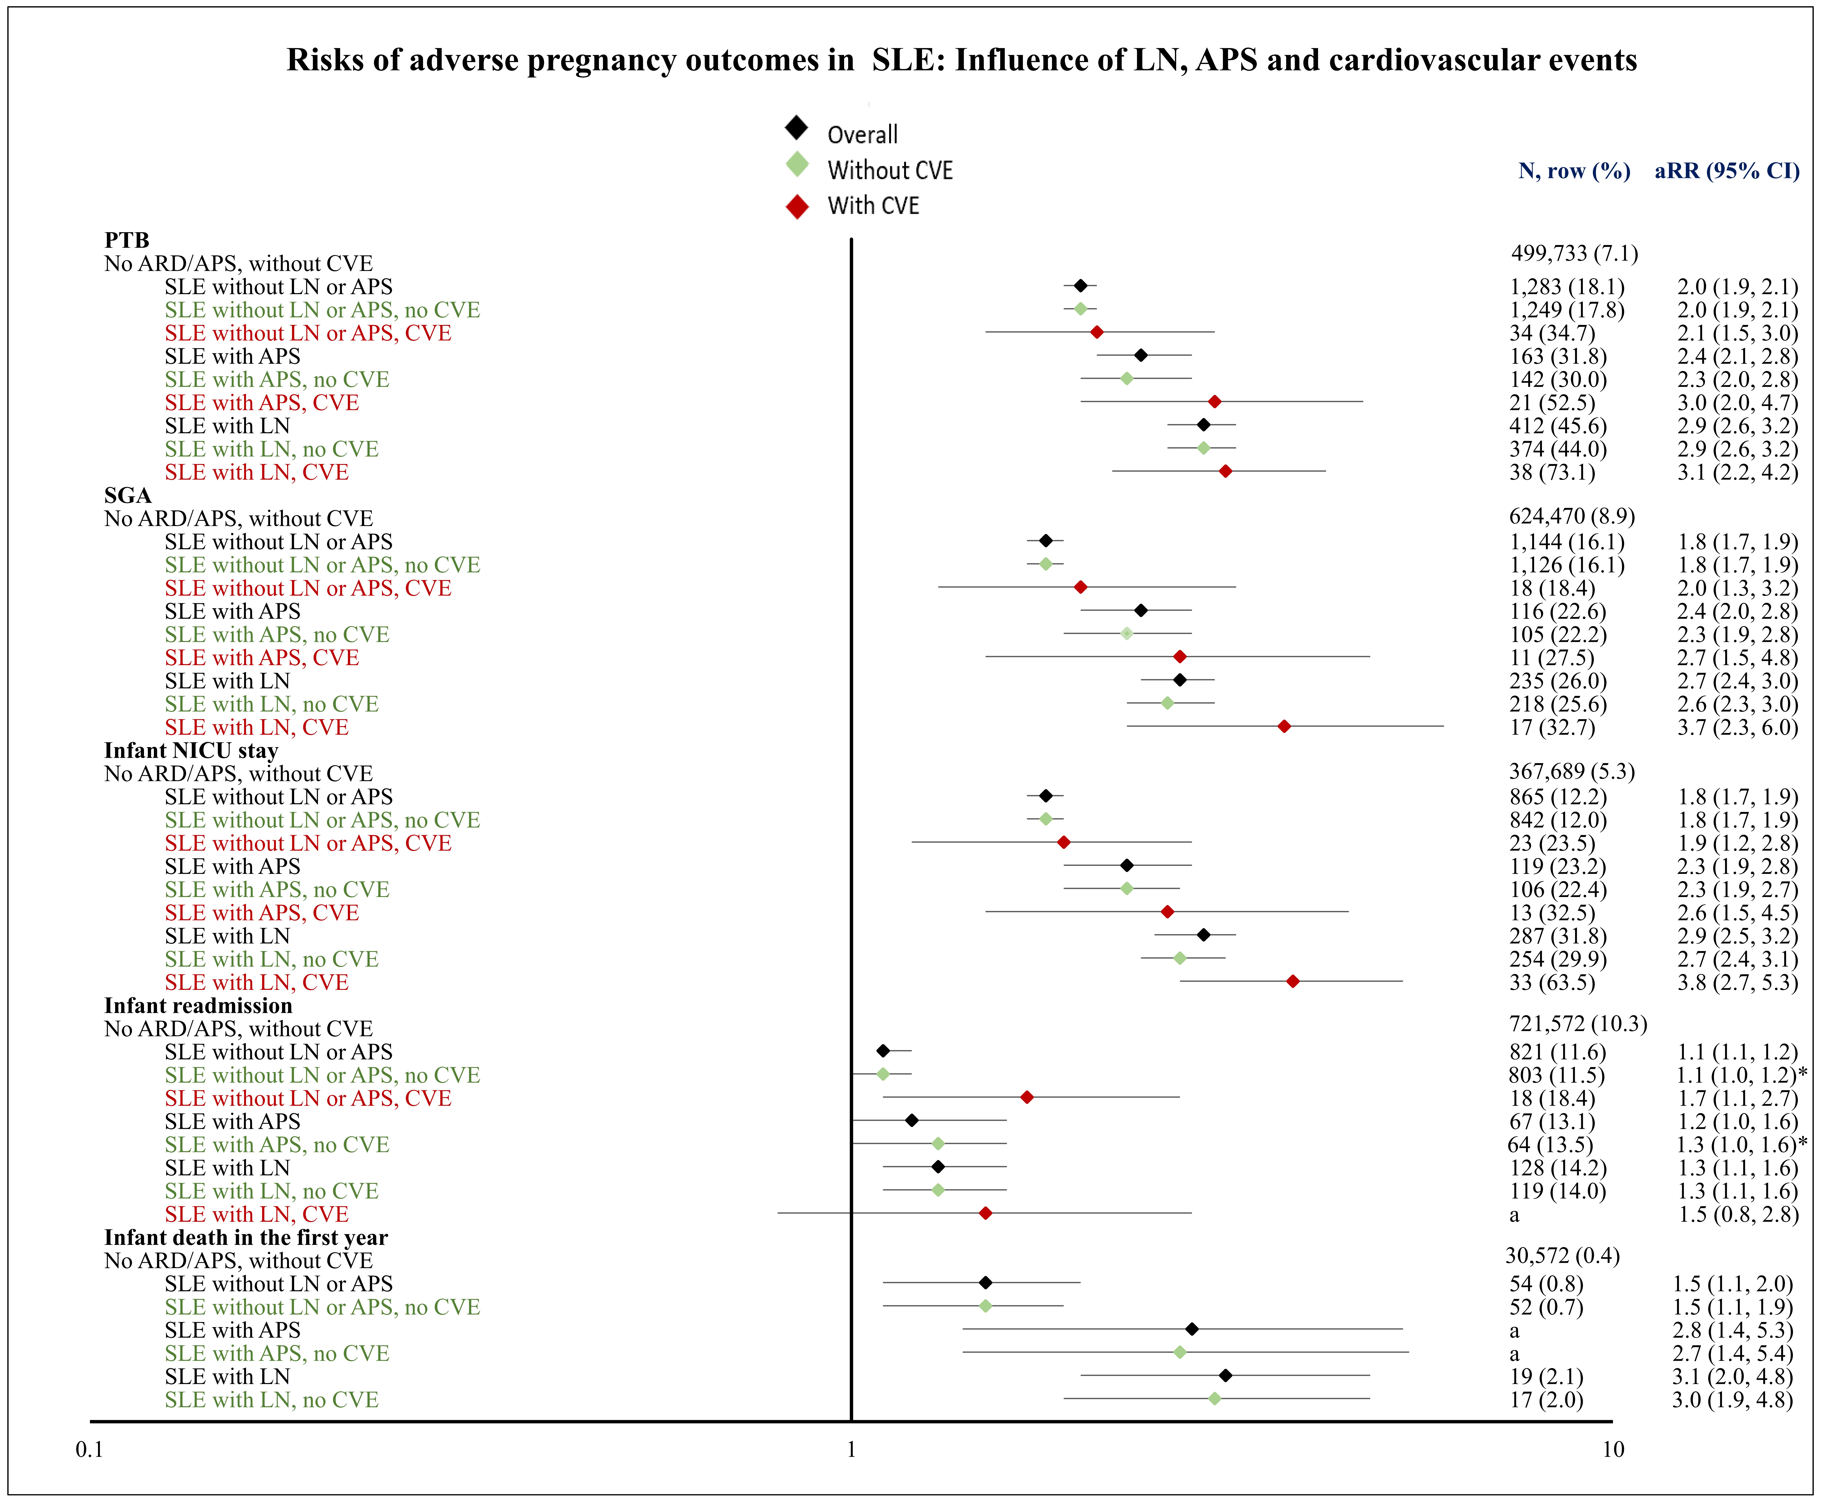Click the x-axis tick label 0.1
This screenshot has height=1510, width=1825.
89,1449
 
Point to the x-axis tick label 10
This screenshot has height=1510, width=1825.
1613,1449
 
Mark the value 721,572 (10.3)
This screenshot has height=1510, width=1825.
1577,1024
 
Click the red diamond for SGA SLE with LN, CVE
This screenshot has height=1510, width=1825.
1284,726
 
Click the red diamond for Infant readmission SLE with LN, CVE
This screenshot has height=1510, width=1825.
986,1213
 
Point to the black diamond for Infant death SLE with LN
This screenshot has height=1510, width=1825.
1225,1375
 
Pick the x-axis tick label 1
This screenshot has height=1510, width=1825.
851,1449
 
